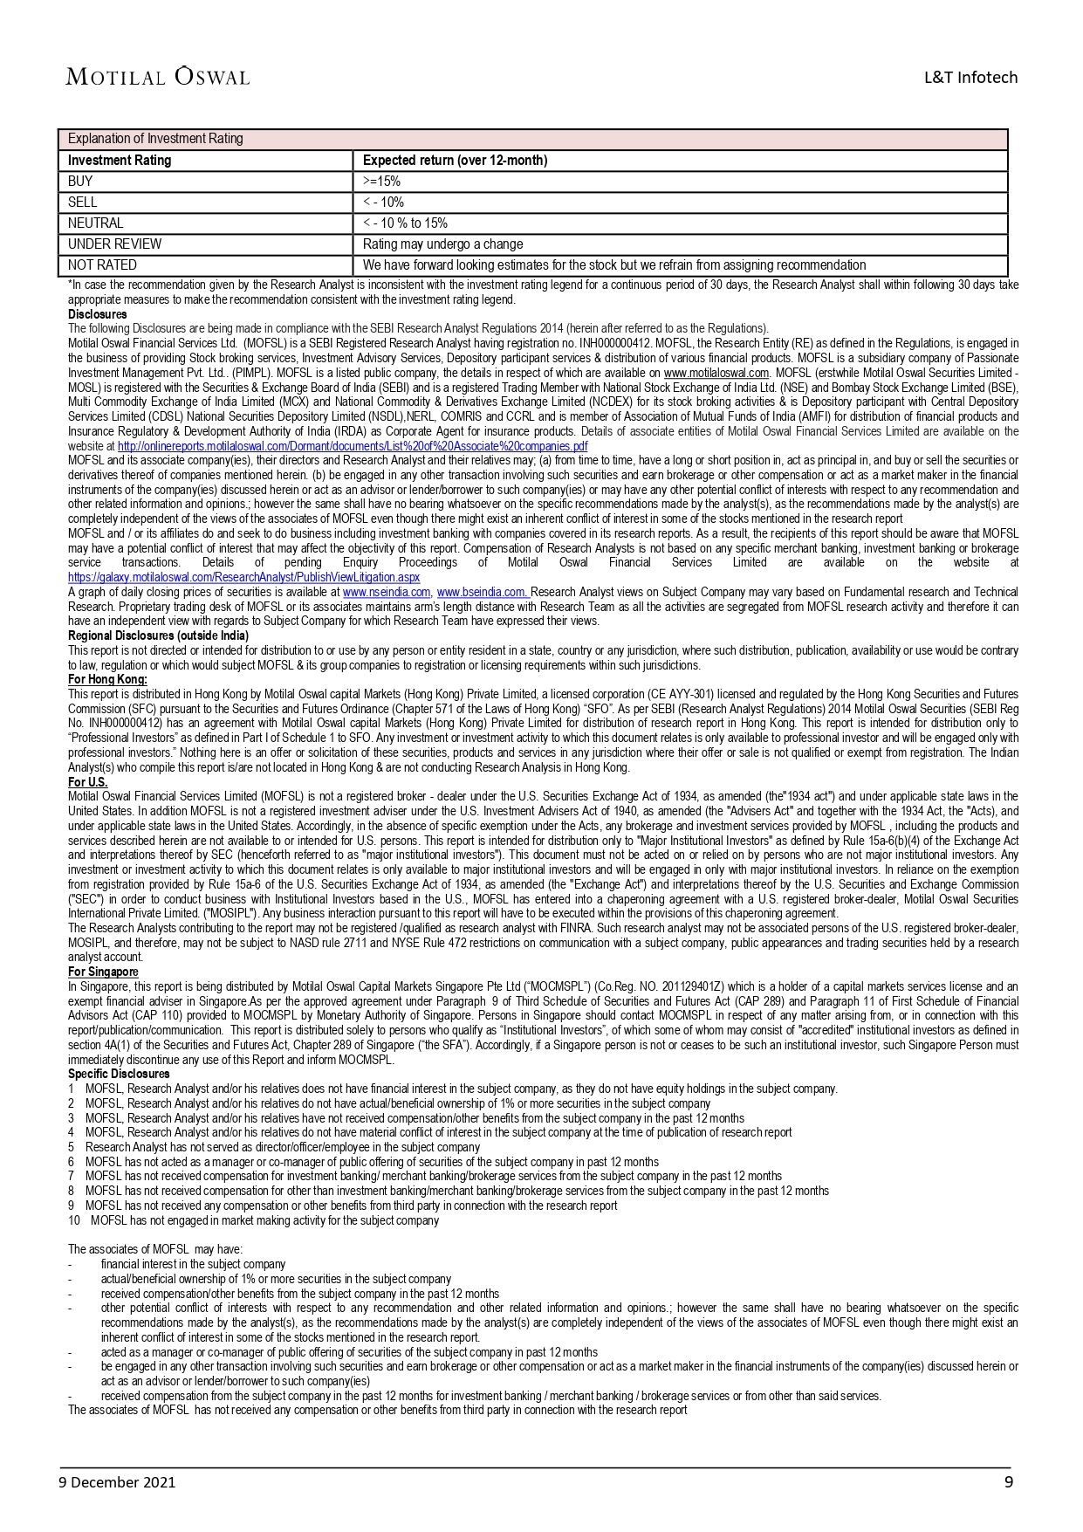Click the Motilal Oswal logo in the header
click(x=157, y=77)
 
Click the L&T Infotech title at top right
click(x=970, y=78)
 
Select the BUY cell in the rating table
click(x=80, y=182)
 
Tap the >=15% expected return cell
click(x=381, y=182)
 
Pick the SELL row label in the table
click(x=83, y=203)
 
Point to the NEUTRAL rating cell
click(x=96, y=223)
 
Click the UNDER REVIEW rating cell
click(x=114, y=244)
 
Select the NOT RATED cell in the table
click(x=102, y=265)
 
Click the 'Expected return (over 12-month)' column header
click(x=455, y=161)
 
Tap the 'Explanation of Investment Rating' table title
click(x=155, y=139)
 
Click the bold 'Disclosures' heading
click(x=97, y=314)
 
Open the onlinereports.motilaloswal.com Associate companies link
click(x=353, y=446)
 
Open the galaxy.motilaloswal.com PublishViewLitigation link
click(x=243, y=577)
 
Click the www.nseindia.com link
click(x=387, y=592)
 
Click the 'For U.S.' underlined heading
click(x=87, y=782)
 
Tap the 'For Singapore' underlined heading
click(x=103, y=972)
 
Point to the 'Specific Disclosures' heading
click(x=119, y=1074)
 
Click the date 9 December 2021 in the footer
click(x=117, y=1482)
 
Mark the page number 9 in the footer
click(x=1009, y=1481)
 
